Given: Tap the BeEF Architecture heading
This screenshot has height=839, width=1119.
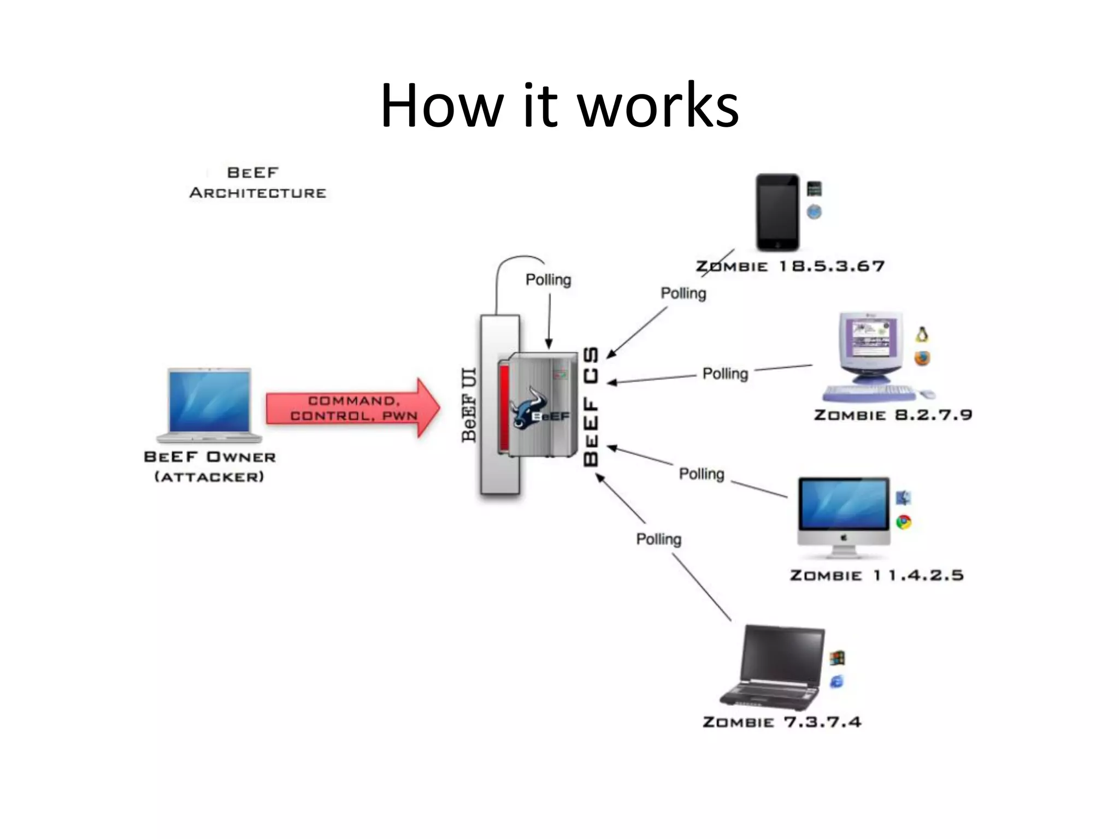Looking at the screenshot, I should (x=257, y=183).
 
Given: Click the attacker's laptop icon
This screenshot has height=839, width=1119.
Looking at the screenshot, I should (x=210, y=404).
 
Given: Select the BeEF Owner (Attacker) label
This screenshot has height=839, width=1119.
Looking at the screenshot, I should (x=210, y=466).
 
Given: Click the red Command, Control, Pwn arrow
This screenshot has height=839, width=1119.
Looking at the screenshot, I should (x=352, y=408).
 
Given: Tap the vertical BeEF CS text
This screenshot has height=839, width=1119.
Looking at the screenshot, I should (x=591, y=406).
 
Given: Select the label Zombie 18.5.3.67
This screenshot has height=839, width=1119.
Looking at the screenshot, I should (x=790, y=266).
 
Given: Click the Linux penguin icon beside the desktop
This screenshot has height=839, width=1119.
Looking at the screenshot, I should (x=922, y=334).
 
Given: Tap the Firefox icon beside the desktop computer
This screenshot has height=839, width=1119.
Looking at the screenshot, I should (x=922, y=358).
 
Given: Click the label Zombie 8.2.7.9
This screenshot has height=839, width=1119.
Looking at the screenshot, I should (x=893, y=415).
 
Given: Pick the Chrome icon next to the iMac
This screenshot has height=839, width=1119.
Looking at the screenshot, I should (x=904, y=522).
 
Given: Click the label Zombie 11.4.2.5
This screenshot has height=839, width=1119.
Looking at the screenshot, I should (x=876, y=575).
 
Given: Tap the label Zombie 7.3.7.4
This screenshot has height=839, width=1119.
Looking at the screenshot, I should (x=781, y=722).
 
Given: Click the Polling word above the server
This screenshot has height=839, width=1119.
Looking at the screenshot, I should (x=548, y=280).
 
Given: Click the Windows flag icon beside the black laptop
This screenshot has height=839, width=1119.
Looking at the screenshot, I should (x=837, y=658).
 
